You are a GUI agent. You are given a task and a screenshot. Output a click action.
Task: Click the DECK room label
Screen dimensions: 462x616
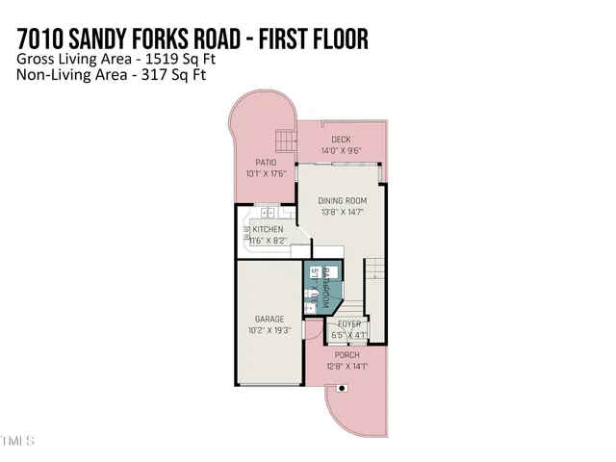[x=341, y=140]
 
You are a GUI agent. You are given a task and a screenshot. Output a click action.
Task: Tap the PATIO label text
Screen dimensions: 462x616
[x=267, y=163]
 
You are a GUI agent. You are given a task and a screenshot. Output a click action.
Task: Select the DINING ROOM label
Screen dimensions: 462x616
[x=342, y=200]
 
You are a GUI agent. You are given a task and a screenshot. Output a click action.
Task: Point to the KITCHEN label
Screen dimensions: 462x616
[x=268, y=229]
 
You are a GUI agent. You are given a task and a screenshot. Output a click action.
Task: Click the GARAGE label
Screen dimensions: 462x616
[x=269, y=319]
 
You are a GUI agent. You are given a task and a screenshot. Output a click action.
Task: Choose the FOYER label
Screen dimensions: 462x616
[x=348, y=324]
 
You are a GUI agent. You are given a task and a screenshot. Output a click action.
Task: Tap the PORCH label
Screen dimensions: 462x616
[x=347, y=355]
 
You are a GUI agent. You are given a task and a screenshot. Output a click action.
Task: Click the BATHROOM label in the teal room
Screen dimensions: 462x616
[x=326, y=286]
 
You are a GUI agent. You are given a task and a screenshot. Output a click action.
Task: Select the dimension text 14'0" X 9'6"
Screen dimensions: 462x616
[x=341, y=150]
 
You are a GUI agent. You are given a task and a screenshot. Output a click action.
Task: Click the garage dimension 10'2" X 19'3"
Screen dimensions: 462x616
[x=269, y=330]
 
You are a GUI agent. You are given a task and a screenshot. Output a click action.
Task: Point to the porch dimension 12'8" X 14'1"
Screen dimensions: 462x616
[x=347, y=366]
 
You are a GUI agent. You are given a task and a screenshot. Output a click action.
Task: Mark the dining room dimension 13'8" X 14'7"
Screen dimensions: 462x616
[x=342, y=212]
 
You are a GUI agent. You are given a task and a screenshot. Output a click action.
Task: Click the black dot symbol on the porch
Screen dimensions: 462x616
[x=342, y=389]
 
